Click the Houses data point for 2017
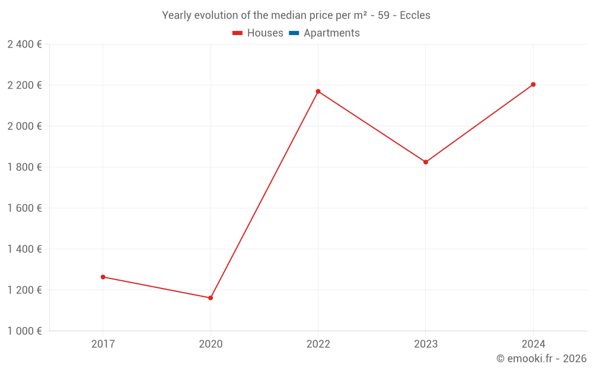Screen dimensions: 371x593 tap(103, 277)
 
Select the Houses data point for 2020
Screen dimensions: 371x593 tap(211, 298)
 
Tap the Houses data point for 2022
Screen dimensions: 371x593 tap(318, 91)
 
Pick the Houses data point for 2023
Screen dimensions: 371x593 tap(426, 162)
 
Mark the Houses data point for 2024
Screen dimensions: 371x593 tap(533, 84)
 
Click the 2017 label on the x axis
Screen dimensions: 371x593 tap(103, 344)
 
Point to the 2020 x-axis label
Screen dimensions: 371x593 tap(211, 344)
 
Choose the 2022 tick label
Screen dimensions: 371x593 tap(318, 344)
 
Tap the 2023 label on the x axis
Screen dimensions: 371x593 tap(426, 344)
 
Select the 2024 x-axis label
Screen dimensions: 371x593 tap(533, 344)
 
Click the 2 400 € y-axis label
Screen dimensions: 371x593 tap(24, 44)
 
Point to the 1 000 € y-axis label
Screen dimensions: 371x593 tap(24, 331)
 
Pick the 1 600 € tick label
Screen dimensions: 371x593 tap(24, 208)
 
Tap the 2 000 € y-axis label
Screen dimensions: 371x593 tap(24, 126)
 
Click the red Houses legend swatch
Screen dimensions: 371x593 tap(238, 33)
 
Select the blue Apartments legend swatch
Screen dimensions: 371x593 tap(294, 33)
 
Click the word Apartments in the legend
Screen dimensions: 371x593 tap(331, 33)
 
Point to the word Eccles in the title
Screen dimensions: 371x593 tap(415, 15)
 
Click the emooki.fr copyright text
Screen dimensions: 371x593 tap(541, 359)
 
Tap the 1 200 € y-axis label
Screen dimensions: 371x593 tap(24, 290)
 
